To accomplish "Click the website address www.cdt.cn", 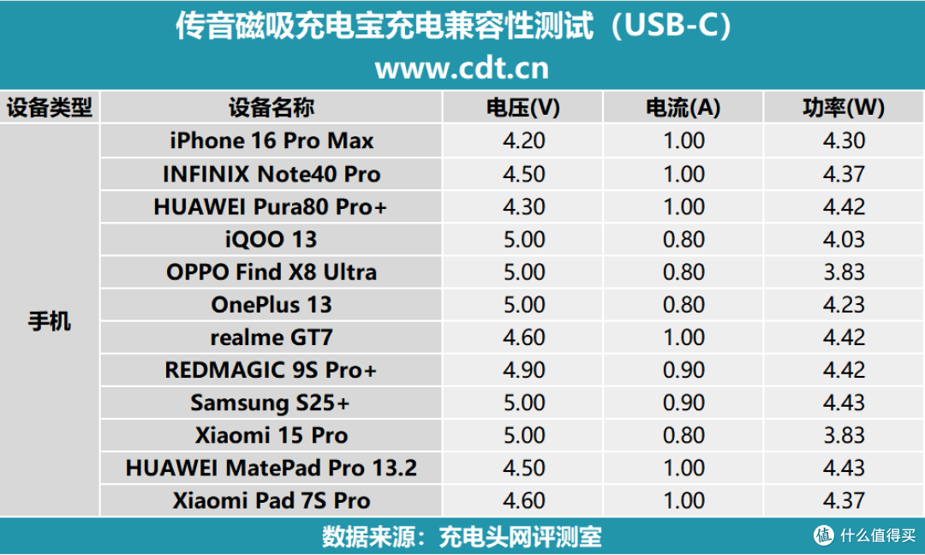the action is (x=462, y=69).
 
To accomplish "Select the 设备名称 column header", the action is (x=272, y=107).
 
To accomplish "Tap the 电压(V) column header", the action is (x=523, y=107).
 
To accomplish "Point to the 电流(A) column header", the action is (x=683, y=107).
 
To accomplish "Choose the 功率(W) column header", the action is (x=844, y=107).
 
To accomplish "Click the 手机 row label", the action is (x=50, y=321).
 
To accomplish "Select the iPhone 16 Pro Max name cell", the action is (x=272, y=140).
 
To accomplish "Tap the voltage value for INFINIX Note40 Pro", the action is (x=524, y=174).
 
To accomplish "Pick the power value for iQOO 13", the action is (x=844, y=240).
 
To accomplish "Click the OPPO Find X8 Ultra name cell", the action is (x=272, y=272).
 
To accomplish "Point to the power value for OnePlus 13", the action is (x=844, y=305).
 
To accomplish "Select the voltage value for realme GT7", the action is (x=524, y=337).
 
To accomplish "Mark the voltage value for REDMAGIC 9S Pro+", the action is (x=524, y=370).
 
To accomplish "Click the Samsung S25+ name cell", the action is (x=270, y=403).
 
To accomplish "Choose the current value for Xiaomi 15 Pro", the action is (x=683, y=435).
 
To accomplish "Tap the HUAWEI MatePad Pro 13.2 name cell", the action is (x=272, y=468).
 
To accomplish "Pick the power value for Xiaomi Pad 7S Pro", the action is (x=844, y=501).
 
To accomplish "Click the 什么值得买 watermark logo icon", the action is (x=824, y=535).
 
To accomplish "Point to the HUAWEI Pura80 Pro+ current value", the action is (x=683, y=207).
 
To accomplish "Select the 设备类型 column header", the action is (x=50, y=107).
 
